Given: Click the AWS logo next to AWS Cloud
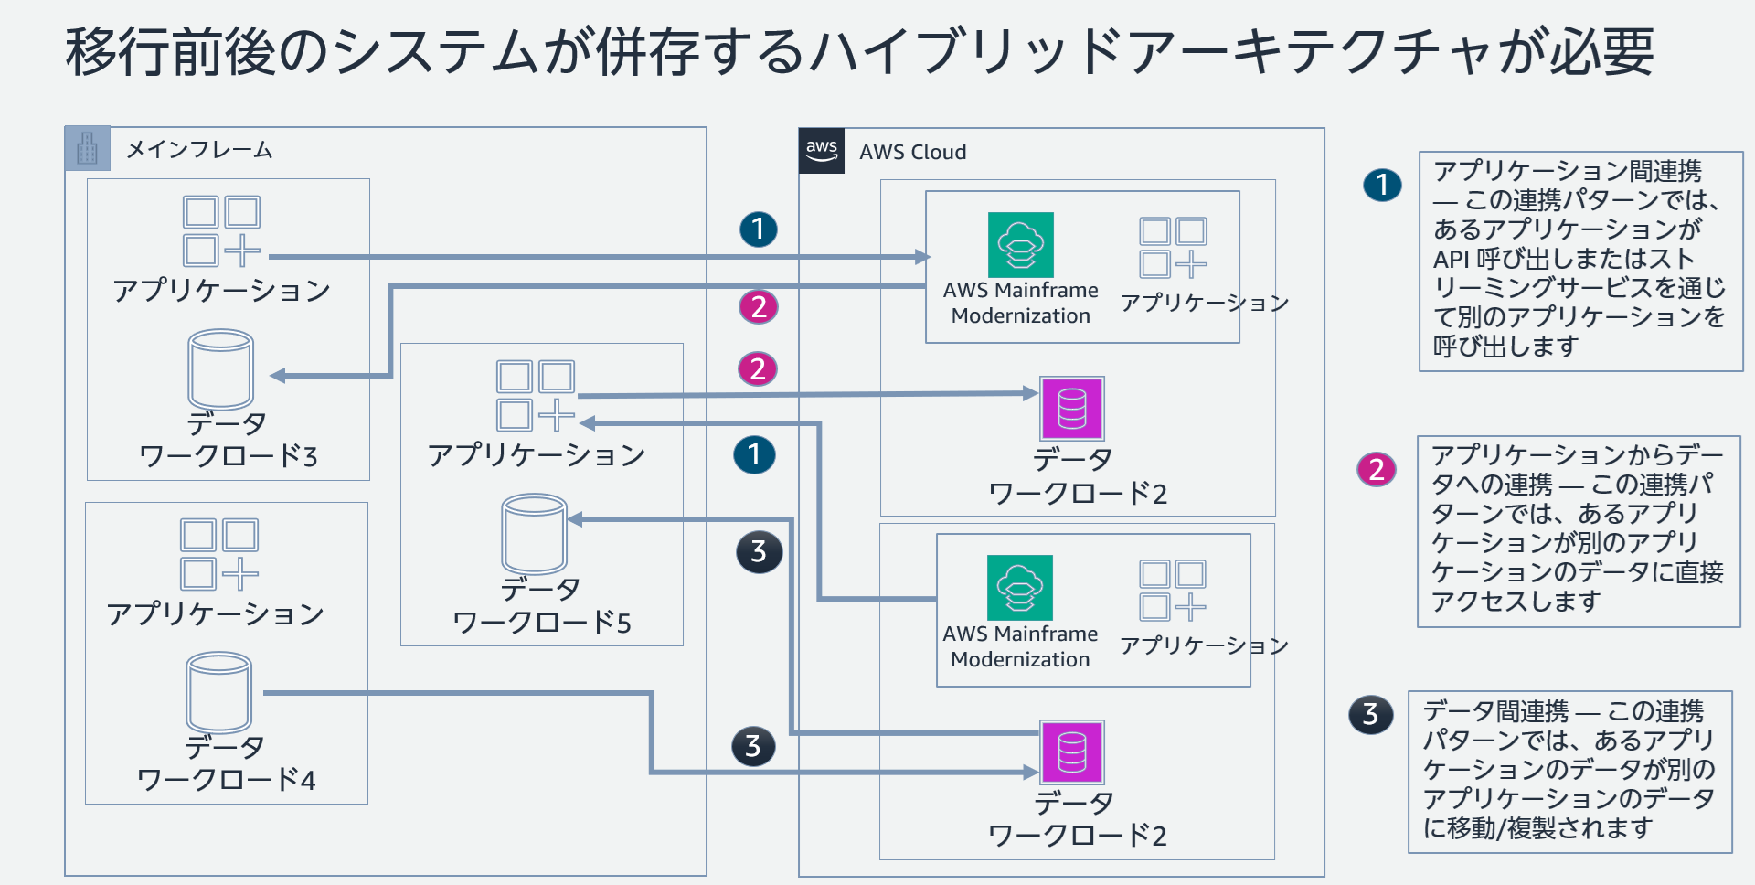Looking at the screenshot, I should (x=821, y=151).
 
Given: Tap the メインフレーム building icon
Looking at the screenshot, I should (x=88, y=149).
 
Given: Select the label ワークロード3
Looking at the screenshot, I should (x=228, y=456).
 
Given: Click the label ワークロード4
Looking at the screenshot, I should (x=226, y=780).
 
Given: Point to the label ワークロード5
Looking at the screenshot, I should (x=541, y=623).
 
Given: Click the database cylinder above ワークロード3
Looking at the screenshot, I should (x=221, y=369).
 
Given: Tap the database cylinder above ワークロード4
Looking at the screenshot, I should (x=219, y=692).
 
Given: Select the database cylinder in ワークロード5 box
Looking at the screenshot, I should (x=535, y=534).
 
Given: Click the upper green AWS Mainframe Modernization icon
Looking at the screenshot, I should (x=1021, y=245).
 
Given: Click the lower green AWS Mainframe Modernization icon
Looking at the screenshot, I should (x=1020, y=588).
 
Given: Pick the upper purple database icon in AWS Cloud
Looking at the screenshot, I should (x=1072, y=409).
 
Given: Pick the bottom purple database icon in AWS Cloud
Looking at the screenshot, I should (x=1072, y=752).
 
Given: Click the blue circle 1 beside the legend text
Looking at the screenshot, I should (x=1382, y=186).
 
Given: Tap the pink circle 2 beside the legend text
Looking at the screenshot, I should (x=1377, y=470).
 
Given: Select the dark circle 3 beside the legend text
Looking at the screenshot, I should (x=1370, y=714).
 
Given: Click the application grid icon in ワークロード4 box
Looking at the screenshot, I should (x=219, y=554).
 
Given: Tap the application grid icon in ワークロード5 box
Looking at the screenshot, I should (x=536, y=395).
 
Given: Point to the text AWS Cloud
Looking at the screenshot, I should (x=912, y=152).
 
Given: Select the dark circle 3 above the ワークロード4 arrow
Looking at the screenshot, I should (x=753, y=746).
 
